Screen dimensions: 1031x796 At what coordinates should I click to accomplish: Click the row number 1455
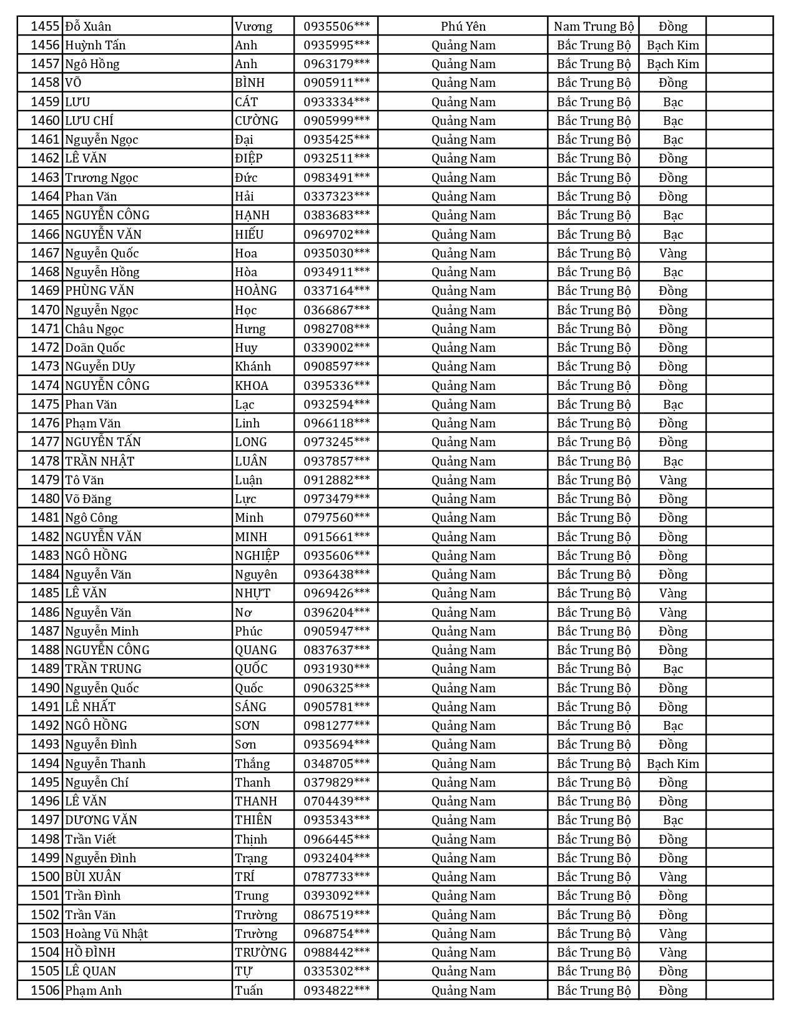(x=45, y=26)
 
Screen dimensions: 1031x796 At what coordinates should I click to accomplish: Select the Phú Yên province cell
(x=463, y=26)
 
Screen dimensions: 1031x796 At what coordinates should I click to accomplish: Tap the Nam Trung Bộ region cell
(x=593, y=26)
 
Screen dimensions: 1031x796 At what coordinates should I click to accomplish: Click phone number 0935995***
(x=337, y=45)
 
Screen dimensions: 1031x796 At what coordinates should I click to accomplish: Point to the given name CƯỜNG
(x=257, y=121)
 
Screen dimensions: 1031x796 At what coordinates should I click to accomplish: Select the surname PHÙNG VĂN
(x=99, y=291)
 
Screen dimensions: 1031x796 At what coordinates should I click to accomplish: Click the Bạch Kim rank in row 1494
(x=672, y=764)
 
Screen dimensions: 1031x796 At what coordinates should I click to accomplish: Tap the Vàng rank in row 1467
(x=672, y=253)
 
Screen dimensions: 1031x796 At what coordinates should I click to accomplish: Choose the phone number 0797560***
(x=337, y=517)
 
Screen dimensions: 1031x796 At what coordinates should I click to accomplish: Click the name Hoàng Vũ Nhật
(x=106, y=934)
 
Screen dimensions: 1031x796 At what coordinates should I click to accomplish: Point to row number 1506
(x=45, y=990)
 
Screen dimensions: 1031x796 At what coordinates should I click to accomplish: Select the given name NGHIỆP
(x=257, y=555)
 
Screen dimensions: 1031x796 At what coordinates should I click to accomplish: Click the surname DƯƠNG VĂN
(x=101, y=820)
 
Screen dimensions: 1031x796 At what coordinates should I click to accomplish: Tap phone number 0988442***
(x=337, y=952)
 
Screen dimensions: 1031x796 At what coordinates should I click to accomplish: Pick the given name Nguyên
(x=256, y=574)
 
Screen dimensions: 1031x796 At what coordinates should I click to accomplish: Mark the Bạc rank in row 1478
(x=672, y=461)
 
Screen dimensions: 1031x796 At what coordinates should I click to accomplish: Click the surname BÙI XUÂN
(x=93, y=877)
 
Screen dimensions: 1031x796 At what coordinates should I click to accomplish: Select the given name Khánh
(x=253, y=366)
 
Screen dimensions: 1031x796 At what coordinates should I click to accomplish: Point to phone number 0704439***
(x=337, y=801)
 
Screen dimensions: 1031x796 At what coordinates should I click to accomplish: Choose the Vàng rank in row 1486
(x=672, y=612)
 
